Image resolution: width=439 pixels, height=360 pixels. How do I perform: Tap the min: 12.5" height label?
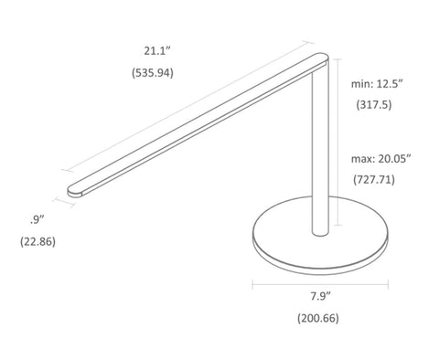378,83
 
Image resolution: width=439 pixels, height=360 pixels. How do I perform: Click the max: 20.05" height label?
380,157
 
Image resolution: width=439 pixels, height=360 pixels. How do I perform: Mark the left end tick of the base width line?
253,282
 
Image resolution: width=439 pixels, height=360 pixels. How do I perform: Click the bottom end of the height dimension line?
340,225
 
